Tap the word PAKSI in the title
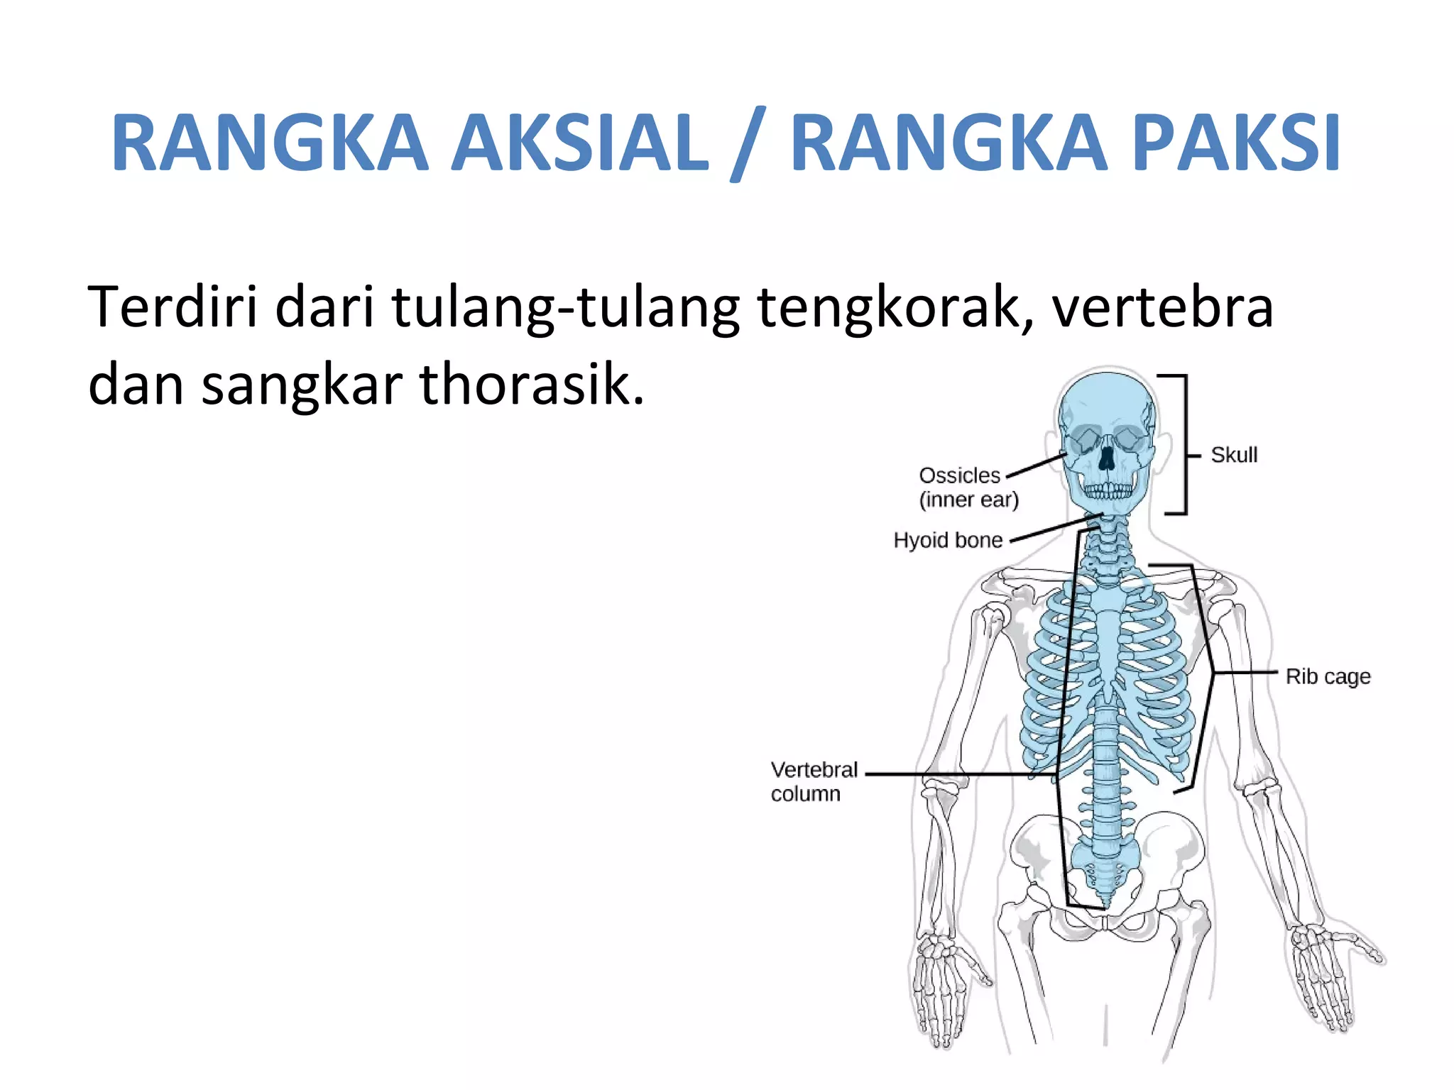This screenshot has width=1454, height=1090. click(x=1235, y=143)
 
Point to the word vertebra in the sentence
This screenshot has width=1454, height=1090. click(x=1162, y=307)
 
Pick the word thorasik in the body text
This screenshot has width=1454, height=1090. click(x=531, y=384)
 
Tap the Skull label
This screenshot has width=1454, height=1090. click(x=1234, y=455)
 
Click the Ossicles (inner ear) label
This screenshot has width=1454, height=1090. click(x=968, y=488)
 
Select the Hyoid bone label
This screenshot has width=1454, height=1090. click(x=948, y=540)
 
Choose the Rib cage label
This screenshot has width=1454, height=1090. click(x=1328, y=676)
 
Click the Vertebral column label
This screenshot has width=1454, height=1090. click(x=814, y=781)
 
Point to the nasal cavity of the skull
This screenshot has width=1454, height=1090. click(x=1106, y=461)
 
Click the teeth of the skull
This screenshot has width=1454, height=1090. click(x=1108, y=490)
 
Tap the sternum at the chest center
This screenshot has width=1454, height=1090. click(x=1108, y=639)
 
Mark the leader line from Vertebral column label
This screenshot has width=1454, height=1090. click(x=958, y=774)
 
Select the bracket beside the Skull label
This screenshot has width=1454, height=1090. click(x=1184, y=444)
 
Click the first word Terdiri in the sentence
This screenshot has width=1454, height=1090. click(x=172, y=307)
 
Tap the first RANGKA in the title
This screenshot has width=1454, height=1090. click(x=270, y=143)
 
